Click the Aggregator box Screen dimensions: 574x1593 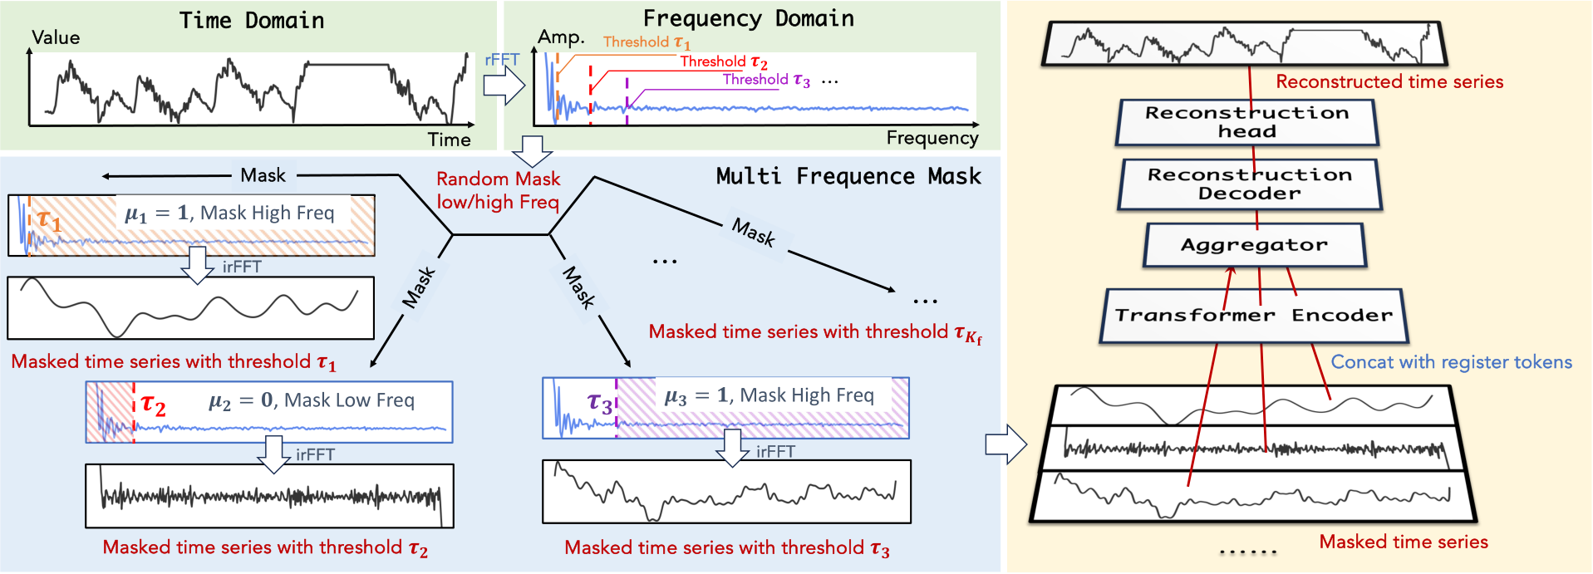tap(1254, 245)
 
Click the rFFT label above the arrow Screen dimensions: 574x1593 tap(501, 60)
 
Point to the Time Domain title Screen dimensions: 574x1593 tap(251, 21)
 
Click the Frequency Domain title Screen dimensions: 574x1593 tap(748, 19)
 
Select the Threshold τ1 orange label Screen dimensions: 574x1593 tap(647, 42)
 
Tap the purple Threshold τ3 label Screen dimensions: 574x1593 tap(765, 80)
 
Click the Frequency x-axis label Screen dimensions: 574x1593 tap(932, 138)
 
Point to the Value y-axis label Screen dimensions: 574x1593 tap(56, 37)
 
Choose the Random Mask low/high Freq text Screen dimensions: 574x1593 tap(498, 190)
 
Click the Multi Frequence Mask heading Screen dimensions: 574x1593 tap(848, 176)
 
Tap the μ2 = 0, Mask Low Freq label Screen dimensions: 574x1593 tap(311, 400)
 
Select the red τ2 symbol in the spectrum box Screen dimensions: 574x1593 tap(153, 405)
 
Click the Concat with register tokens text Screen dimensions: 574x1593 tap(1451, 362)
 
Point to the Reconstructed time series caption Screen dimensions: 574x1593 tap(1389, 81)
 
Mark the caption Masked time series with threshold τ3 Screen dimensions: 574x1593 tap(726, 548)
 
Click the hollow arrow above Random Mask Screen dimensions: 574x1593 tap(532, 152)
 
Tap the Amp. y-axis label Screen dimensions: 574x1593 tap(561, 37)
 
